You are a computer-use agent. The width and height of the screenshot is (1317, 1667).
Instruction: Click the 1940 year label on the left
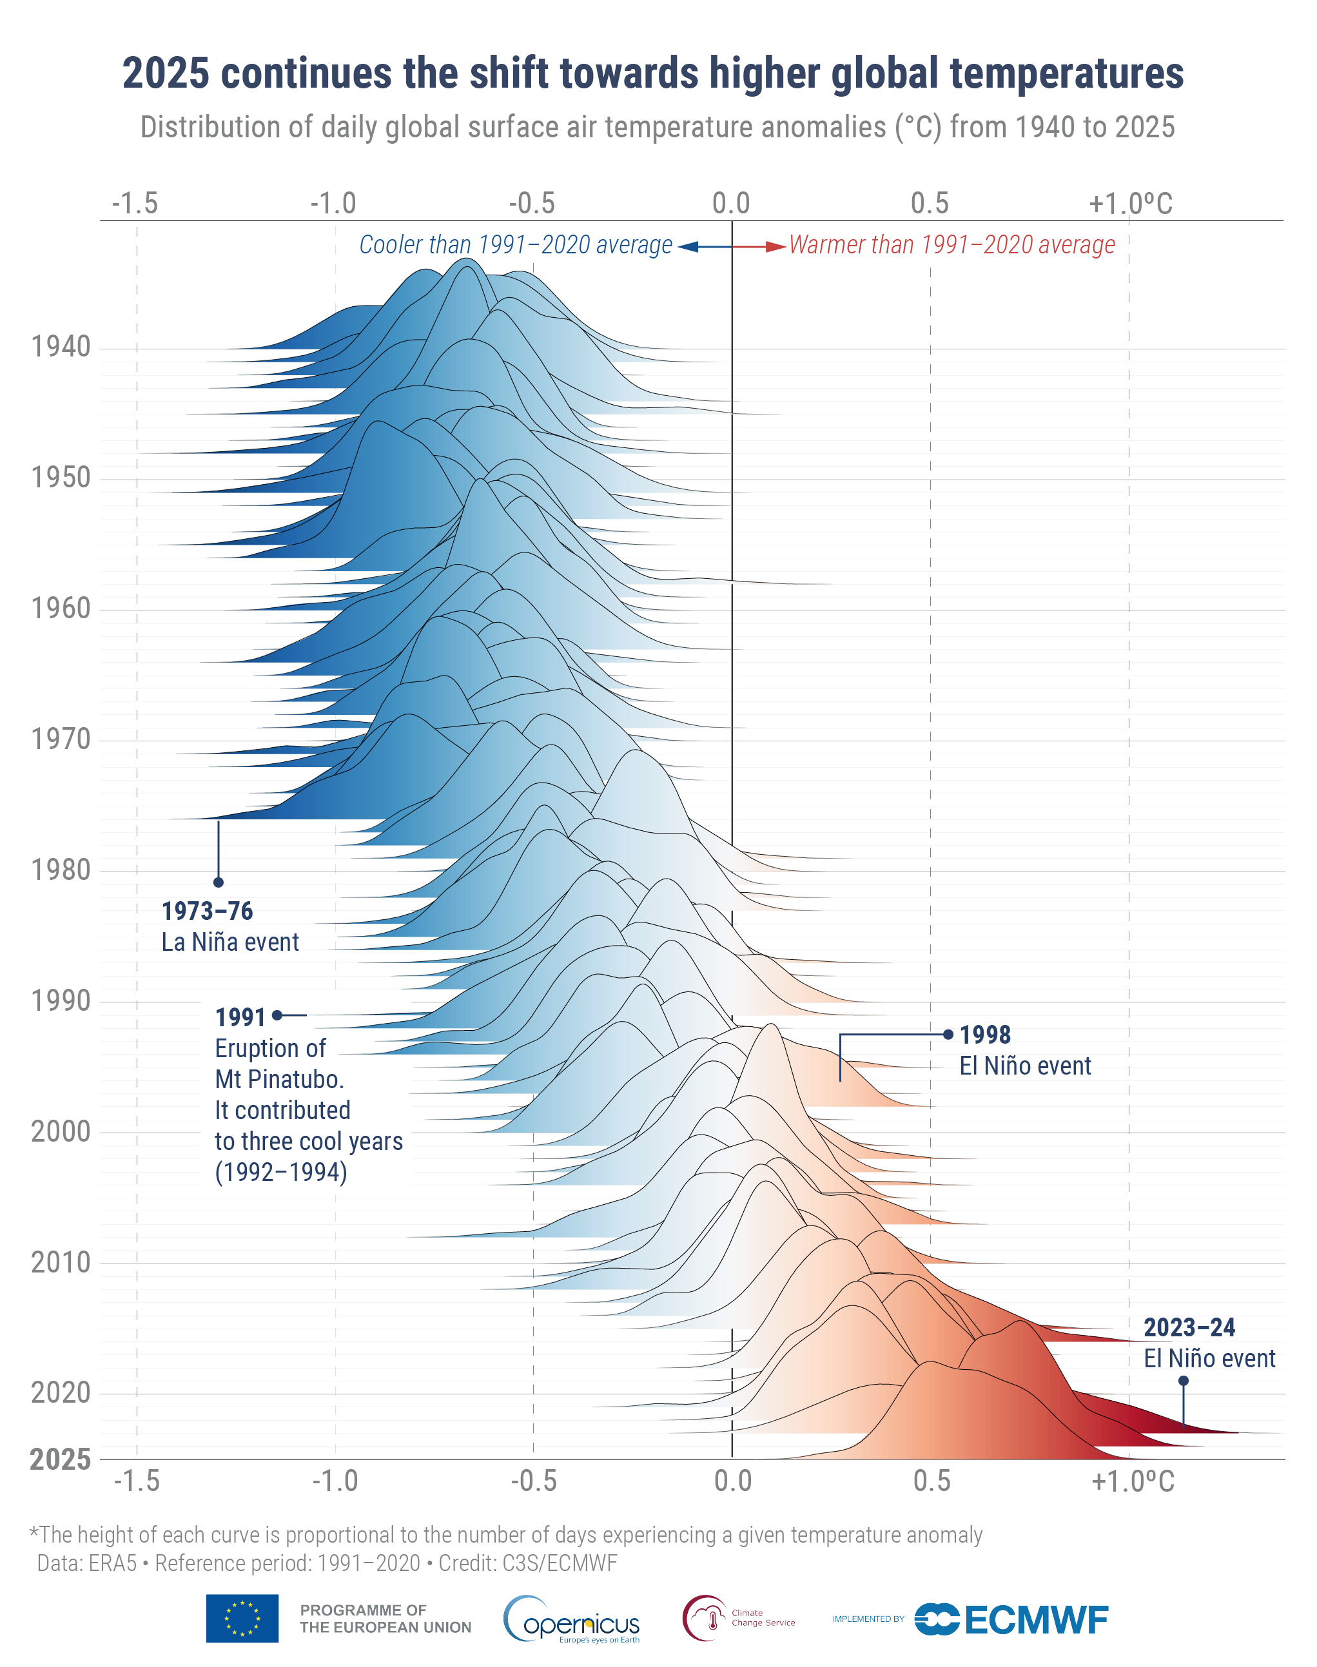click(60, 347)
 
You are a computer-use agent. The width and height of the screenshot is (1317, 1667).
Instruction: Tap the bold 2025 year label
click(60, 1459)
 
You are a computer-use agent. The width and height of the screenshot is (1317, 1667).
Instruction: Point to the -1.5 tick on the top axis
click(135, 204)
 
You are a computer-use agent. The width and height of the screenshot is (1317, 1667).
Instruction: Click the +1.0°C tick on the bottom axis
click(1132, 1481)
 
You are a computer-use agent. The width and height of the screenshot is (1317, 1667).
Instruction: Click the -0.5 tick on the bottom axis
click(534, 1481)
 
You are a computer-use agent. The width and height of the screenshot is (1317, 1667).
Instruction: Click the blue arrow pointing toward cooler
click(688, 247)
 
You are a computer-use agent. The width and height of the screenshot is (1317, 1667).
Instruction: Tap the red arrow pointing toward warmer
click(775, 247)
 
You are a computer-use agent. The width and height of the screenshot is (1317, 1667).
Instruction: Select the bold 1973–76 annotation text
click(207, 911)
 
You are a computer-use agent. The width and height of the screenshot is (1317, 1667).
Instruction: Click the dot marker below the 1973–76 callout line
click(219, 882)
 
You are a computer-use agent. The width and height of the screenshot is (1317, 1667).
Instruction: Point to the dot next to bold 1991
click(277, 1015)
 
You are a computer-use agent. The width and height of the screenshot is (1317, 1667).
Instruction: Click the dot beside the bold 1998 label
click(948, 1035)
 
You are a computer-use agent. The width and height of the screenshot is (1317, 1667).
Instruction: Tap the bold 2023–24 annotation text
click(1188, 1328)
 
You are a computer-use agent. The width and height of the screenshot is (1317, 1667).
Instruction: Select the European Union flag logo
click(242, 1619)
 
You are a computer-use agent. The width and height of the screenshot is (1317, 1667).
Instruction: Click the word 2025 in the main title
click(165, 74)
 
